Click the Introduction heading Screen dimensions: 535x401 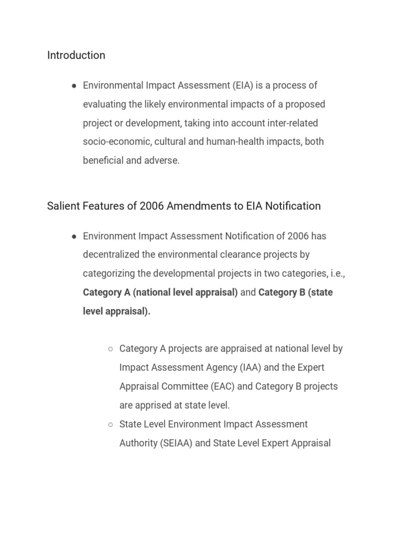click(x=76, y=55)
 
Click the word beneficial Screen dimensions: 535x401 click(x=103, y=161)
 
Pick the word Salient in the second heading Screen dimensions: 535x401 click(x=63, y=206)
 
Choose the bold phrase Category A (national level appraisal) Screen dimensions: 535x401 click(x=160, y=293)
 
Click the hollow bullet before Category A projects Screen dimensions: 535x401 click(x=110, y=349)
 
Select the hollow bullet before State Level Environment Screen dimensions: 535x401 click(x=110, y=424)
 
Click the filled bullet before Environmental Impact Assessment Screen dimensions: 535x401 click(x=74, y=86)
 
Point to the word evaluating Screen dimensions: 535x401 click(x=104, y=104)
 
